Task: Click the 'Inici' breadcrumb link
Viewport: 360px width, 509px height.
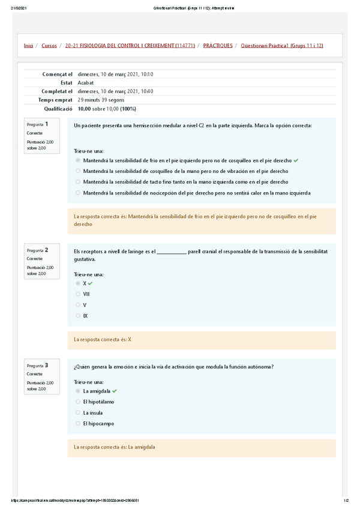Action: [28, 46]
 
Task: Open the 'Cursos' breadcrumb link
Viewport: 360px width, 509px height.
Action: [49, 46]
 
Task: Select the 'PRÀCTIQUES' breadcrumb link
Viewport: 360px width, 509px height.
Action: [218, 46]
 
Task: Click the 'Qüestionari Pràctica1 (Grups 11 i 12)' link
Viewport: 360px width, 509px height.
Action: [281, 46]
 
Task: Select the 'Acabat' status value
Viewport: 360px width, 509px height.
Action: [86, 83]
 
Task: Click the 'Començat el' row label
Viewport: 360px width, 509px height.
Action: [58, 74]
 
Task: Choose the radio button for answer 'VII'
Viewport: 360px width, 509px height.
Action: [78, 294]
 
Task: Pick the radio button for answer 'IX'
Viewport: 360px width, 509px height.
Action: [78, 316]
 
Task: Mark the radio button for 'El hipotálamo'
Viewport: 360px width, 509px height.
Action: [78, 402]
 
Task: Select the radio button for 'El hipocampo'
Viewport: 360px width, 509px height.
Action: [78, 423]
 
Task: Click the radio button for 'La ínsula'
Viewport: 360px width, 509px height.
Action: [78, 412]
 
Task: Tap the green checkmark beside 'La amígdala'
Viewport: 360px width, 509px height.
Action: [115, 391]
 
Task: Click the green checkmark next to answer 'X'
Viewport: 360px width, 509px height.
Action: [91, 283]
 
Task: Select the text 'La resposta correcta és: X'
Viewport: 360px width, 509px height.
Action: [103, 339]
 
